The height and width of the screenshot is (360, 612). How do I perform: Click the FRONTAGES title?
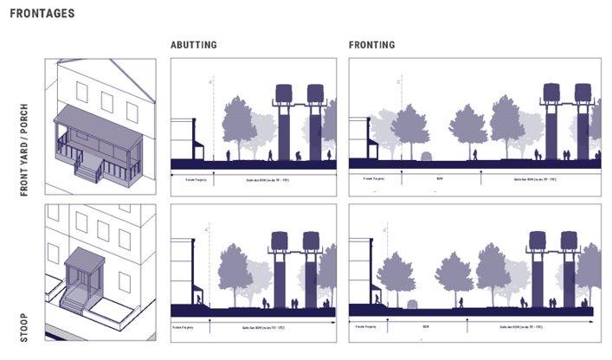coord(41,14)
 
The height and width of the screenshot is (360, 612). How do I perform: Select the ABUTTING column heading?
coord(193,45)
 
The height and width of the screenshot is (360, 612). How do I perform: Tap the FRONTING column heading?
coord(372,45)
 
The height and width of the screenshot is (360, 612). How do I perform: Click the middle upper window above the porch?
coord(106,101)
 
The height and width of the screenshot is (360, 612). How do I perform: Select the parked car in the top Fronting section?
coord(426,156)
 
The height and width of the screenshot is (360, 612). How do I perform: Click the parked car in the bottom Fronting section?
coord(412,303)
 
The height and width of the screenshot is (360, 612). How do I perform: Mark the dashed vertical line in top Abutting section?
coord(212,121)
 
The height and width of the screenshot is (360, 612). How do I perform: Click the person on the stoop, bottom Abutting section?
coord(200,299)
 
